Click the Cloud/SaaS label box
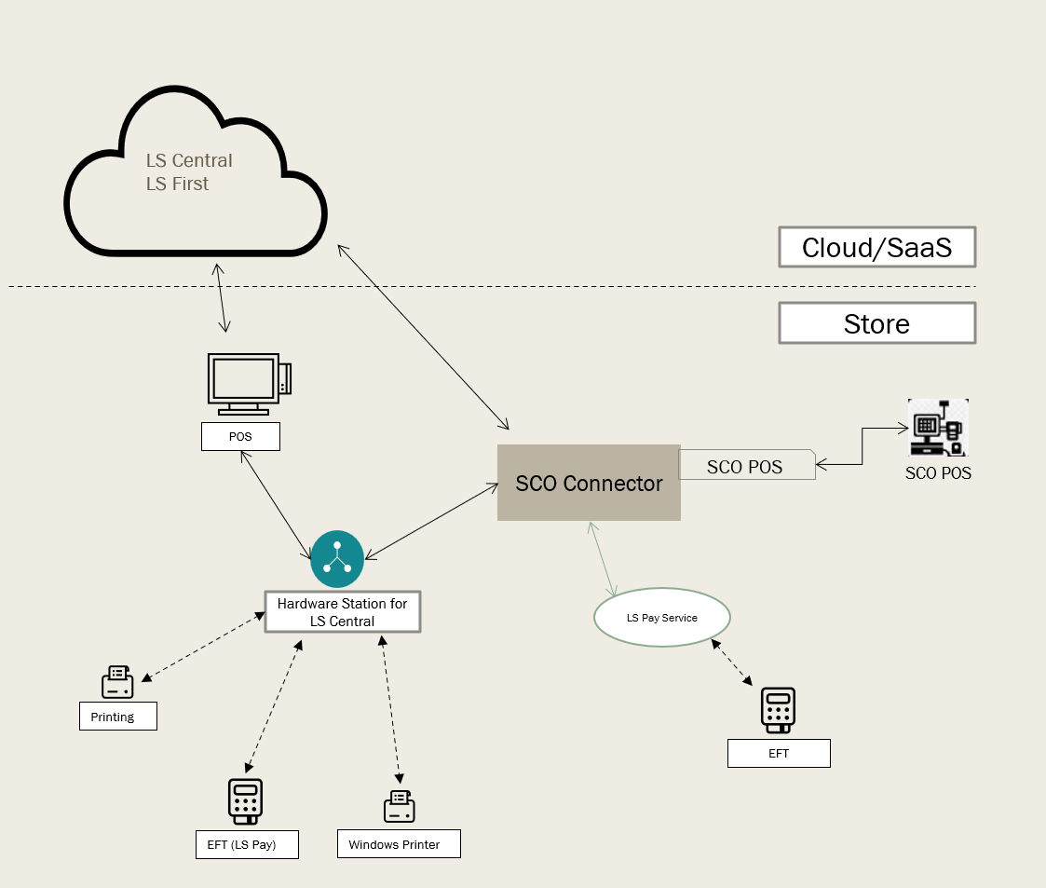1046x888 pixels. coord(876,248)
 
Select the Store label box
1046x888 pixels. coord(876,324)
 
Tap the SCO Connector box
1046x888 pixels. coord(589,483)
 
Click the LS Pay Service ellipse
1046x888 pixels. coord(661,617)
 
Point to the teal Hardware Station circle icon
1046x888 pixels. coord(336,559)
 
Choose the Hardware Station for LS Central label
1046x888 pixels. coord(342,612)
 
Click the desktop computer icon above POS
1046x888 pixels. coord(247,384)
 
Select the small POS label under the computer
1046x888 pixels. coord(240,436)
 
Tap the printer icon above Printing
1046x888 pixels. coord(117,682)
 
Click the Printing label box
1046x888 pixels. coord(117,717)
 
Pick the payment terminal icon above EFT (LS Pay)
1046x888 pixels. coord(245,800)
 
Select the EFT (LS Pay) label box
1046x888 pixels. coord(248,845)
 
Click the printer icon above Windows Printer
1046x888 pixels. coord(400,806)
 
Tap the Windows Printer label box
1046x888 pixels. coord(399,844)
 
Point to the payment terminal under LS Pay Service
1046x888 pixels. coord(778,710)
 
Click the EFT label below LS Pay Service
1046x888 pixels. coord(779,753)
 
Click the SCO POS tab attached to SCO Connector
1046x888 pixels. coord(746,466)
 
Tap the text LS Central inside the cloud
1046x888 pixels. coord(189,160)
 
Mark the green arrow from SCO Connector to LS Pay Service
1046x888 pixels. coord(602,559)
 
